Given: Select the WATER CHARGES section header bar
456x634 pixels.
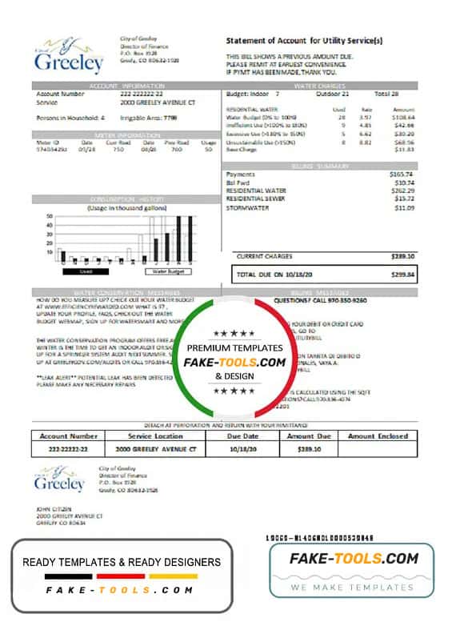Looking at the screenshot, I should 319,84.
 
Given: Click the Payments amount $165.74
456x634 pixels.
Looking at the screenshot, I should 401,174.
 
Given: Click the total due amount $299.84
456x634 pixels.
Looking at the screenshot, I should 401,274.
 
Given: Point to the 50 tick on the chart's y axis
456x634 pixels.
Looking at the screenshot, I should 50,216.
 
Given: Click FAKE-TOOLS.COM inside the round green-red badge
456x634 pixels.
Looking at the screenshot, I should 235,362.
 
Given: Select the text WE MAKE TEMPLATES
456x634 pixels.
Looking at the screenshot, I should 351,587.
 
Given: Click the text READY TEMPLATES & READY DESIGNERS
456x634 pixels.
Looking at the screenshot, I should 121,562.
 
